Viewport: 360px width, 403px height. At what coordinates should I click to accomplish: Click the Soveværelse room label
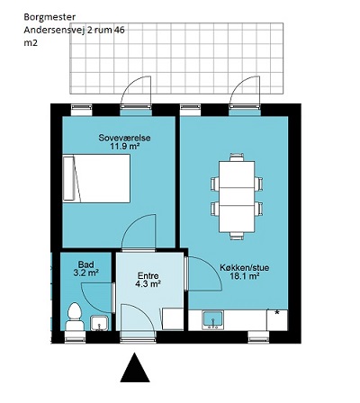(124, 138)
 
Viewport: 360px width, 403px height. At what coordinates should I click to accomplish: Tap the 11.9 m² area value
(125, 147)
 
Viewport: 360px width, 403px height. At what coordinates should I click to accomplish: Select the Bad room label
(85, 264)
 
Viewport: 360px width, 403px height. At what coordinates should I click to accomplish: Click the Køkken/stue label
(245, 267)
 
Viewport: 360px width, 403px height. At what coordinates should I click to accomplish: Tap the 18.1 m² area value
(245, 276)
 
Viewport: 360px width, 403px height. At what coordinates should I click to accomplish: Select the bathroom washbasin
(99, 323)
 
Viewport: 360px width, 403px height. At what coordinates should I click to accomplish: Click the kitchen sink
(212, 320)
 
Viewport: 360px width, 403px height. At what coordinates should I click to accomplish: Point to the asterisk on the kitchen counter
(277, 313)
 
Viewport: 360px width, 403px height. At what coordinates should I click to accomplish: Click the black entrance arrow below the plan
(135, 368)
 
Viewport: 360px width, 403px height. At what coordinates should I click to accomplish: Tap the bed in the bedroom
(96, 178)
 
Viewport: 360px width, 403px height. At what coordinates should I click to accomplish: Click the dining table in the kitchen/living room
(237, 197)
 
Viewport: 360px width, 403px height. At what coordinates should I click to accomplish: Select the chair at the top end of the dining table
(237, 157)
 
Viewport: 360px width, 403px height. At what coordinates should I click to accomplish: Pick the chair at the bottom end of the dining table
(237, 236)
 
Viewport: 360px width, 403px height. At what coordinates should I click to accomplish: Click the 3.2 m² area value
(86, 273)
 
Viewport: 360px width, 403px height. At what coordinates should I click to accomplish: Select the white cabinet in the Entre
(173, 319)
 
